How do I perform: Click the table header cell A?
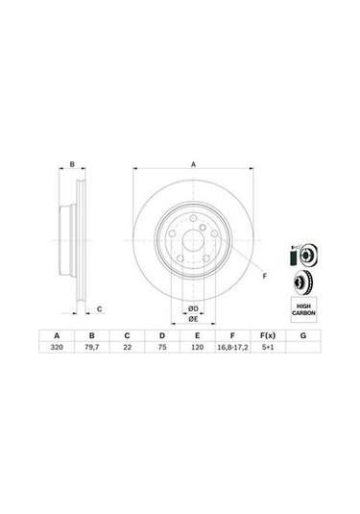(x=57, y=335)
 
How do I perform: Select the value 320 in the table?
(x=57, y=347)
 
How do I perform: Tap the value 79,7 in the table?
(x=92, y=347)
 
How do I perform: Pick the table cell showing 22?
(x=127, y=347)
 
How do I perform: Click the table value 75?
(x=162, y=347)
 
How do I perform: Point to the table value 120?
(x=197, y=347)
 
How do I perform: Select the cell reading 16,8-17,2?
(x=232, y=348)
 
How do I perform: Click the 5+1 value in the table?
(x=268, y=347)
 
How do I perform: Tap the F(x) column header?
(x=268, y=335)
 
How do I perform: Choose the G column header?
(x=303, y=335)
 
